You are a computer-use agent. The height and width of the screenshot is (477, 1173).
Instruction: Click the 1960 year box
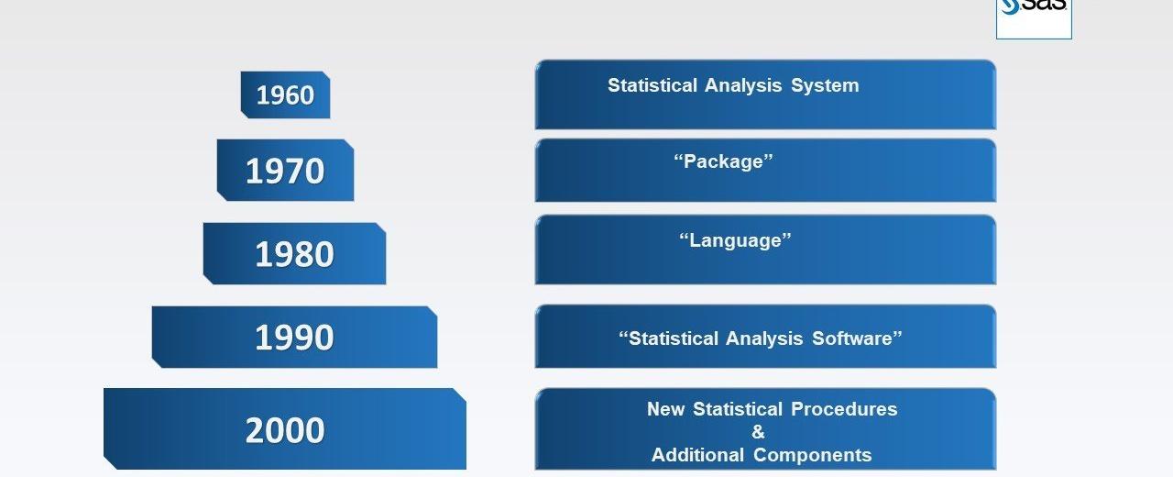[x=285, y=94]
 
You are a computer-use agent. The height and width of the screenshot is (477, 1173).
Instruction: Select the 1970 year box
[x=285, y=171]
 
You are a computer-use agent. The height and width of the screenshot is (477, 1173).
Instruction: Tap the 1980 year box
[x=294, y=254]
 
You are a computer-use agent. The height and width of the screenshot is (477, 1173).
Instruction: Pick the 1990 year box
[x=294, y=338]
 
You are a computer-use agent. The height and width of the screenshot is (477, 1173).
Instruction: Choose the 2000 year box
[x=285, y=429]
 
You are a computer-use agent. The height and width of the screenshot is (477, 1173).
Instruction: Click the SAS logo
[x=1034, y=16]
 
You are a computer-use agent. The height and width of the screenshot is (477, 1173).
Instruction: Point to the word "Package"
[x=724, y=161]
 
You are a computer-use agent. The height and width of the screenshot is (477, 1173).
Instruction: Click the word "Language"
[x=735, y=240]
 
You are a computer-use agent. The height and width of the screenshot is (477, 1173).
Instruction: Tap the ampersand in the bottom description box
[x=758, y=432]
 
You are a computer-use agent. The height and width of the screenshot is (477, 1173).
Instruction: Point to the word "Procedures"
[x=844, y=409]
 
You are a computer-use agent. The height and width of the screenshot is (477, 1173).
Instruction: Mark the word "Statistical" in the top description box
[x=652, y=85]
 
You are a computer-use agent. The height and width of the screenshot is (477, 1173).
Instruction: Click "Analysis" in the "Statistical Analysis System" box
[x=743, y=85]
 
